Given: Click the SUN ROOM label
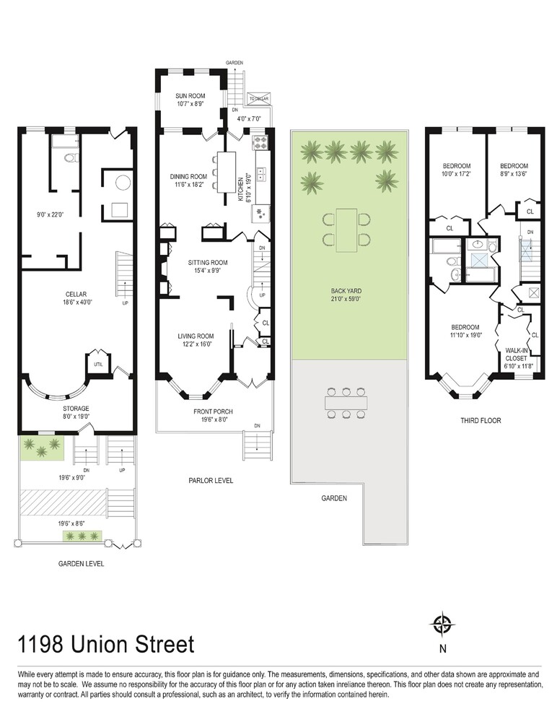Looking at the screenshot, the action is (190, 96).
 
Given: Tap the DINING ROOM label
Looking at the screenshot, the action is (189, 176).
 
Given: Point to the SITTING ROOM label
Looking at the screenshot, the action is (208, 263).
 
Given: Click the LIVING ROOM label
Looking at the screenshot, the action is (196, 336).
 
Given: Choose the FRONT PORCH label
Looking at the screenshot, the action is (213, 412).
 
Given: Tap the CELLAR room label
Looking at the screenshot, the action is (76, 295).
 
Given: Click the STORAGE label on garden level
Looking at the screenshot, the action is (76, 409).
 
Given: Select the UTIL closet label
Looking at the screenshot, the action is (99, 365).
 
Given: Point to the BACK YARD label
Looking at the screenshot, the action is (346, 291).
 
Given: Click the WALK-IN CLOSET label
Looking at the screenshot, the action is (516, 355).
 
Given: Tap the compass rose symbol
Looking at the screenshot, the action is (442, 625).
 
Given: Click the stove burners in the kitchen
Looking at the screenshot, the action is (260, 143).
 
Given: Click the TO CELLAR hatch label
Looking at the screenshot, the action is (259, 98).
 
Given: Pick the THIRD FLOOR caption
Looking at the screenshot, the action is (481, 420).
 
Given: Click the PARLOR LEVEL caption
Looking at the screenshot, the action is (211, 480).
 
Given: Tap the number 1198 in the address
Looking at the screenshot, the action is (40, 644).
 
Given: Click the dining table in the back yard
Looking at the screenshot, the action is (346, 230).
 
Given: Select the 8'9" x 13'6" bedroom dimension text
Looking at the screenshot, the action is (514, 174).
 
